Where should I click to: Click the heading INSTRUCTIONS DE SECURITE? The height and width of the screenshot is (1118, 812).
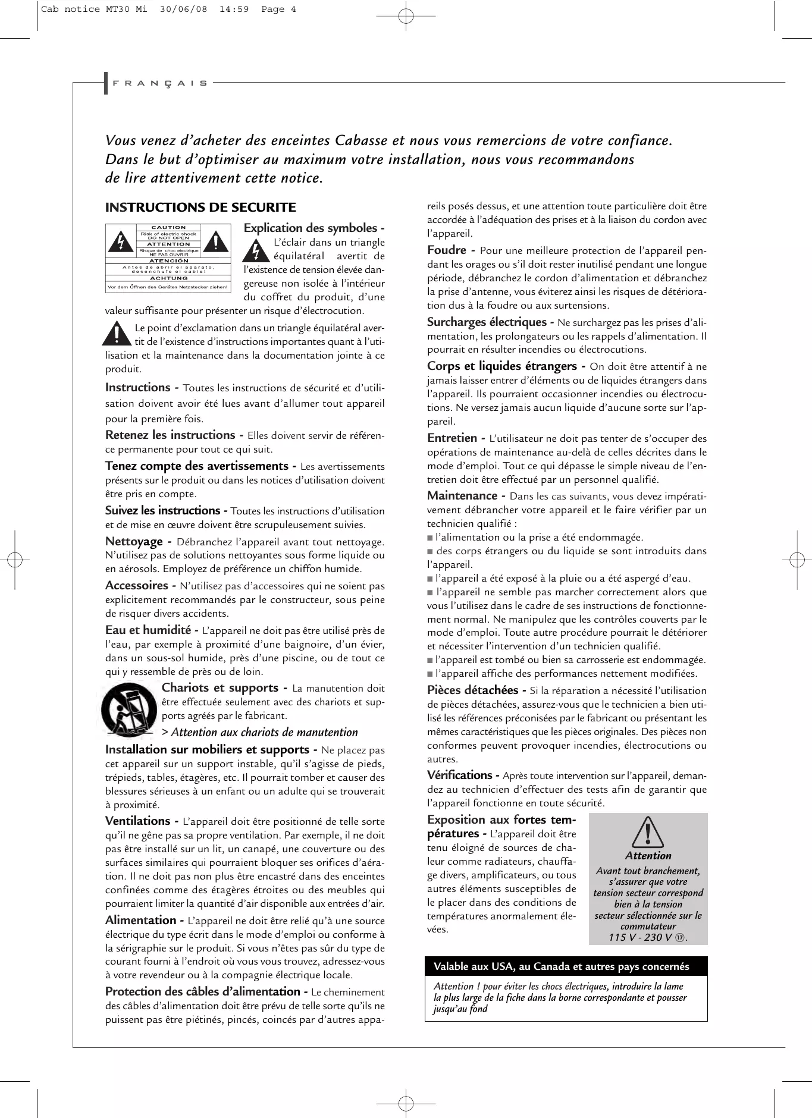click(x=200, y=208)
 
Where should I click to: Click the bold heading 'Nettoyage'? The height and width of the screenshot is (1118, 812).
click(x=134, y=542)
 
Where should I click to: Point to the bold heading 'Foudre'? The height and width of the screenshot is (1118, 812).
click(x=446, y=250)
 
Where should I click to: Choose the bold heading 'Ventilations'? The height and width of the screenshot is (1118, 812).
click(x=138, y=821)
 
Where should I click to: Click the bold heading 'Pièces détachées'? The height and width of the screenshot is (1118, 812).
click(x=472, y=690)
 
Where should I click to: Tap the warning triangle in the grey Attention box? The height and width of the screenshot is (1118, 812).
click(x=648, y=833)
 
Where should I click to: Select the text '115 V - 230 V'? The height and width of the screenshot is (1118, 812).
click(x=641, y=938)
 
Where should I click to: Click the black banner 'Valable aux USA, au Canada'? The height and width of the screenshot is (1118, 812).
click(x=566, y=966)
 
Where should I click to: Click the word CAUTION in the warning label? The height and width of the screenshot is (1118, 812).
click(x=168, y=227)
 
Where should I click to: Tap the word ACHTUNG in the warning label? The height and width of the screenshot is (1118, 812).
click(x=168, y=278)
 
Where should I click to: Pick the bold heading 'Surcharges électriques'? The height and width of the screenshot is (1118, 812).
click(x=487, y=322)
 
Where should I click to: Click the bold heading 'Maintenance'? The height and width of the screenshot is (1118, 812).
click(x=462, y=496)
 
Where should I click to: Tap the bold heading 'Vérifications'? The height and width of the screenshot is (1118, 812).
click(x=459, y=775)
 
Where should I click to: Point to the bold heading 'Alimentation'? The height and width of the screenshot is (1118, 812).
click(x=140, y=921)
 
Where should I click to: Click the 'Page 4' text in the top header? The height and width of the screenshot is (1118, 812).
click(x=279, y=9)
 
